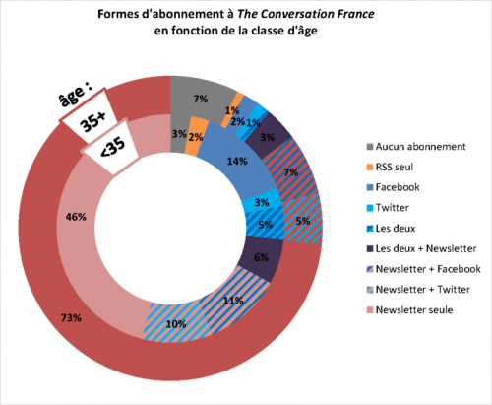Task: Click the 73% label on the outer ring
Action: pos(71,318)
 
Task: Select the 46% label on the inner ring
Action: pos(76,217)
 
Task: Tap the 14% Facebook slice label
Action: pos(237,162)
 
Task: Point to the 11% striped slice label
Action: pos(233,301)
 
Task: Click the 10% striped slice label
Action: pos(176,324)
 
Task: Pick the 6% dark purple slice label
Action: pos(262,257)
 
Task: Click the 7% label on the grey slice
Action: pos(201,99)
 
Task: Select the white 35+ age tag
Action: pos(89,116)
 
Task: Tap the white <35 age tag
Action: pos(110,147)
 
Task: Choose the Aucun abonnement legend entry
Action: pos(416,147)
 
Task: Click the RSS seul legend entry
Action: pos(390,167)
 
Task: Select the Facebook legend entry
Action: pos(394,187)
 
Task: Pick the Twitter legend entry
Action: pos(388,208)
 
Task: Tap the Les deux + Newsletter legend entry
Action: pos(421,248)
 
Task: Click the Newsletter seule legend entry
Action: pos(410,309)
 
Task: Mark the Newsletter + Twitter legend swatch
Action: pos(370,290)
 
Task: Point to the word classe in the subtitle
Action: pos(265,31)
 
